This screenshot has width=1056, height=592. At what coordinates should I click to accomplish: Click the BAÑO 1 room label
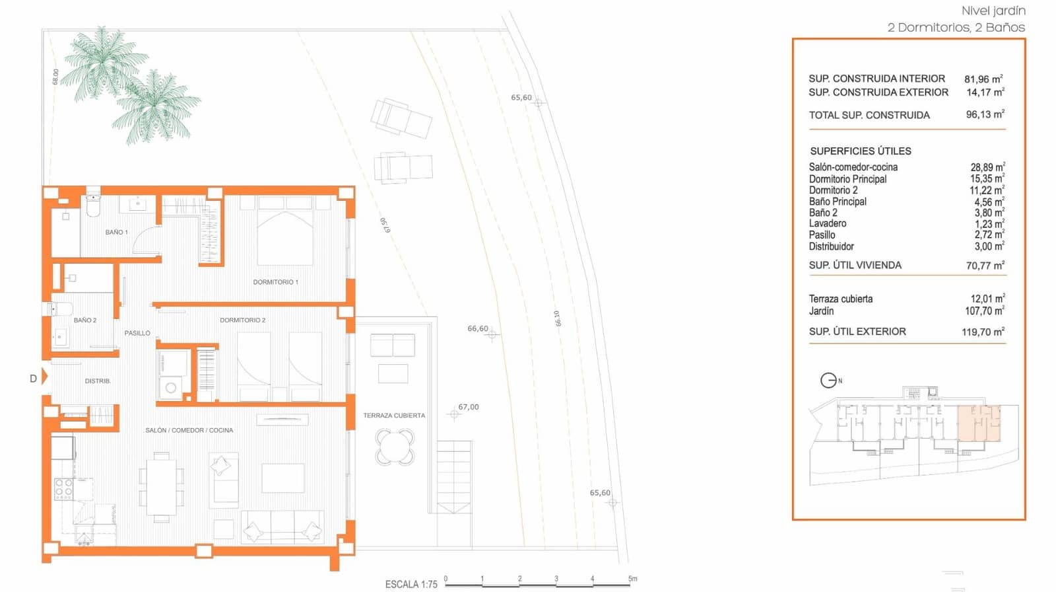pos(116,233)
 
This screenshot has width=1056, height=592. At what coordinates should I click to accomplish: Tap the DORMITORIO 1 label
pos(275,282)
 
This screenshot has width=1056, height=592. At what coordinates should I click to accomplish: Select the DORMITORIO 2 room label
pos(242,320)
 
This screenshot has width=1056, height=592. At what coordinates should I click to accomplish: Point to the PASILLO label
pos(137,334)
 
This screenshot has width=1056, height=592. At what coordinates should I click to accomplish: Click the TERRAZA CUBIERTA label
pos(394,416)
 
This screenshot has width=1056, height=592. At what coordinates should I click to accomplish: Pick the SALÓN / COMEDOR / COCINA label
pos(189,431)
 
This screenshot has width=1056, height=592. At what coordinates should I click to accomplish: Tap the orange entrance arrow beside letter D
pos(45,377)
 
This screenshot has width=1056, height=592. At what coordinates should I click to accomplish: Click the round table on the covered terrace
pos(395,447)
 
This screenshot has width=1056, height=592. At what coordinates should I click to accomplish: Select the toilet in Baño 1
pos(93,205)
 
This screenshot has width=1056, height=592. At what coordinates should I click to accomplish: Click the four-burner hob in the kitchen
pos(63,489)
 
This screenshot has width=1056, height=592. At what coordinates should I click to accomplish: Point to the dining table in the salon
pos(161,487)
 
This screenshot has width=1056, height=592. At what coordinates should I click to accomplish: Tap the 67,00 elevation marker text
pos(469,407)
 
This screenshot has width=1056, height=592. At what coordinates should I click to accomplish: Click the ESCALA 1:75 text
pos(411,584)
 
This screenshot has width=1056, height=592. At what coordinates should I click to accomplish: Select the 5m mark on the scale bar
pos(632,579)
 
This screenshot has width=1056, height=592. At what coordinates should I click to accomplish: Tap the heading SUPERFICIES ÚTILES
pos(860,151)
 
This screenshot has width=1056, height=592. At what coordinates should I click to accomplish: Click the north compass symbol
pos(828,381)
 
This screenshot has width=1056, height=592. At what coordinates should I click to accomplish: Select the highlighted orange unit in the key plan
pos(979,424)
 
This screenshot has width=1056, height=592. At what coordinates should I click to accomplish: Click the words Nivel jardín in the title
pos(993,11)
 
